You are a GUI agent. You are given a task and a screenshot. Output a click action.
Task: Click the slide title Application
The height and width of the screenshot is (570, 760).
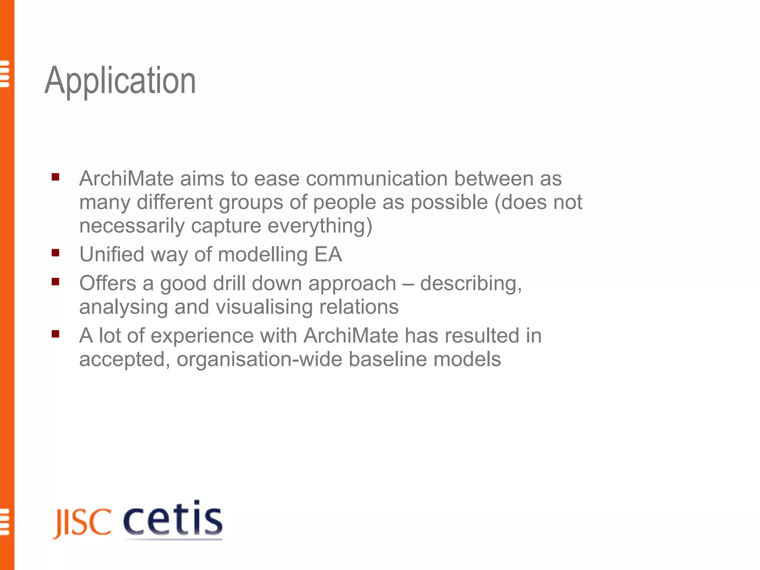(x=120, y=81)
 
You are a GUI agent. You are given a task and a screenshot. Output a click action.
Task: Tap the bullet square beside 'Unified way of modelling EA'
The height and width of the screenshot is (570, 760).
(x=56, y=253)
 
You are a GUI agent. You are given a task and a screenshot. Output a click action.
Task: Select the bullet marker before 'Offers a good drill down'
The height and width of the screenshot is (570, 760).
(x=56, y=282)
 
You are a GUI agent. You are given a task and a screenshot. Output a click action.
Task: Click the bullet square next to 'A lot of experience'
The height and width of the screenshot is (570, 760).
(x=56, y=334)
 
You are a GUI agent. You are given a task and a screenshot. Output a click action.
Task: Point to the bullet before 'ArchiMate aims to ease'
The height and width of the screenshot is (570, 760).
(x=56, y=177)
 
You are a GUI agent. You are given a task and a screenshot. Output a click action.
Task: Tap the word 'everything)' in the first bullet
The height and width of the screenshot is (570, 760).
(x=320, y=226)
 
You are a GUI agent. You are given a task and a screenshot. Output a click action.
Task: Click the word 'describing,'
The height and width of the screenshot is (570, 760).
(x=471, y=284)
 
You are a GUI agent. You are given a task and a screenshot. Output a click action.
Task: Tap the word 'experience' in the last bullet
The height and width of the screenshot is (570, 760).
(x=202, y=336)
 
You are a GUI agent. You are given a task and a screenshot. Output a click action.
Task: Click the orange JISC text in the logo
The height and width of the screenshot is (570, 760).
(x=82, y=523)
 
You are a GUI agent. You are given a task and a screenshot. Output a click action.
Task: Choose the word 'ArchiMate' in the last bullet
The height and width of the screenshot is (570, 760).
(x=351, y=336)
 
